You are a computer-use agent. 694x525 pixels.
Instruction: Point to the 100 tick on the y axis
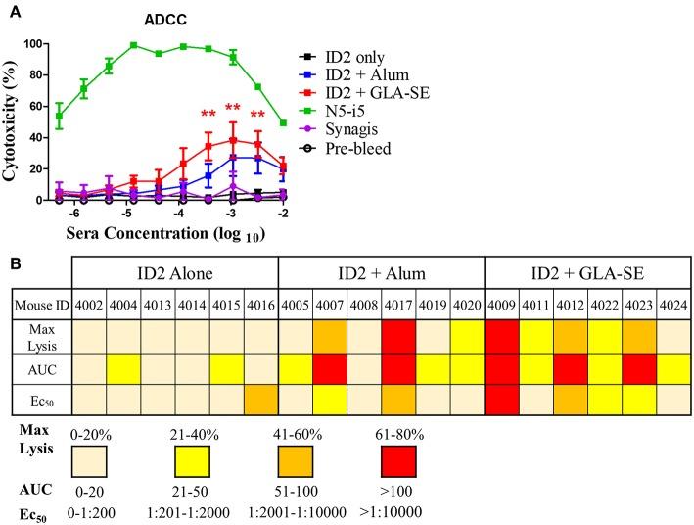pyautogui.click(x=36, y=45)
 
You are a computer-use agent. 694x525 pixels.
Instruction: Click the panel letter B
pyautogui.click(x=10, y=263)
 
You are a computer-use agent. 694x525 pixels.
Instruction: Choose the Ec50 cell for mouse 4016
pyautogui.click(x=261, y=402)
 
